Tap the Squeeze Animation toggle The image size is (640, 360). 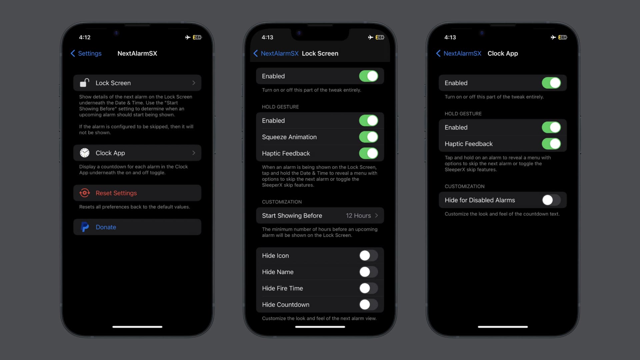[368, 137]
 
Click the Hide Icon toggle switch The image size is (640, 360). [368, 256]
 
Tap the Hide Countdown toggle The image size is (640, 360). [368, 304]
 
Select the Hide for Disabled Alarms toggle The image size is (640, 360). [551, 200]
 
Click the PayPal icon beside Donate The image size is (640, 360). [85, 227]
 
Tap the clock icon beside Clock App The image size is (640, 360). [85, 153]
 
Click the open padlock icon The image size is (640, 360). [85, 83]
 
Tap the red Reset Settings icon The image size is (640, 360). [85, 193]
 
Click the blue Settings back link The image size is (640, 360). [86, 53]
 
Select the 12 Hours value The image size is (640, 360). [358, 216]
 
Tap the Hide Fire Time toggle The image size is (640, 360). [368, 288]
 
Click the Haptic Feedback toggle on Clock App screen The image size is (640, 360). [551, 144]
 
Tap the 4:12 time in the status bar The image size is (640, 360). [85, 37]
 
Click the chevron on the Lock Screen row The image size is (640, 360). [194, 83]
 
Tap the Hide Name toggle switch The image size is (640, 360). [368, 272]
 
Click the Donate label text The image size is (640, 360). [106, 227]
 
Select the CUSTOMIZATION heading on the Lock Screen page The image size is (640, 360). [282, 202]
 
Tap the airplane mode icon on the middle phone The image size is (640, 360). [370, 37]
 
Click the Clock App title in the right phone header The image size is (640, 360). [503, 53]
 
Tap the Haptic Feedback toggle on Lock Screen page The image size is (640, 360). [368, 153]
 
